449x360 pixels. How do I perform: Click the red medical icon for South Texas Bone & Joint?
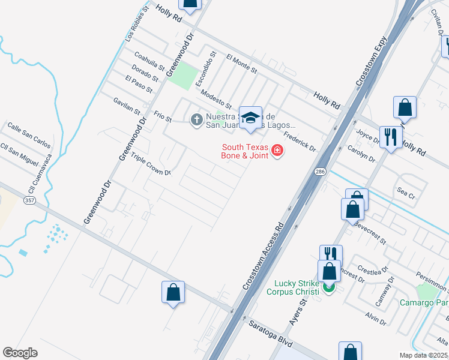277,150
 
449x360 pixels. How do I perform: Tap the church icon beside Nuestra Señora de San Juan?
196,120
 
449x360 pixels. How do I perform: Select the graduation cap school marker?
250,118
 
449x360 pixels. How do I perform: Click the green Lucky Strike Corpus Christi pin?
328,287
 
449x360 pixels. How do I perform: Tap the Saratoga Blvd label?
271,333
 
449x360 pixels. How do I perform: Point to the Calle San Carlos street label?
28,134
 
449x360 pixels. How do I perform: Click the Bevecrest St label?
369,233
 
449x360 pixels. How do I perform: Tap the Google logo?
20,353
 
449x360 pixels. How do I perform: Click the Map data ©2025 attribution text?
424,355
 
